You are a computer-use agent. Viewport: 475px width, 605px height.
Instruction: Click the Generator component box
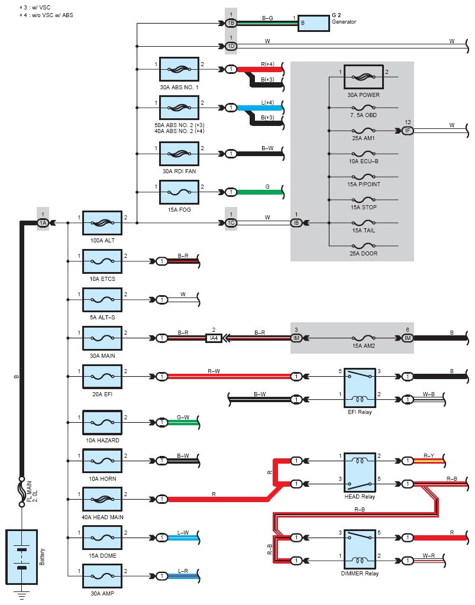pos(314,23)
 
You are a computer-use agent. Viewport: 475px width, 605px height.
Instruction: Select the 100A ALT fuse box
pos(102,222)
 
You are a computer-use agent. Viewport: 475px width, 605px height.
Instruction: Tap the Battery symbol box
pos(22,557)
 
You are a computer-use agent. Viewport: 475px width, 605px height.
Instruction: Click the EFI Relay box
pos(360,388)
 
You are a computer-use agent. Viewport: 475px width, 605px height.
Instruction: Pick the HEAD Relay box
pos(360,473)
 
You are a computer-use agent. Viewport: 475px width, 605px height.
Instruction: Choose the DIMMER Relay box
pos(360,549)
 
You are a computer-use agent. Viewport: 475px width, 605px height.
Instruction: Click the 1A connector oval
pos(43,222)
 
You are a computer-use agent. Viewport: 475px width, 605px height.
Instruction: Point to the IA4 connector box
pos(214,338)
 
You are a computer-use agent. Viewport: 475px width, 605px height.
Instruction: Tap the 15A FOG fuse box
pos(179,192)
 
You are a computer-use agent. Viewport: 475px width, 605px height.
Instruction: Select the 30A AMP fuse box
pos(102,576)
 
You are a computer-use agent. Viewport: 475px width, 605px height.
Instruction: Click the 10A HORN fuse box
pos(102,461)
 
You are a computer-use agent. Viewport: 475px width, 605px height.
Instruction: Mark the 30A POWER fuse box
pos(363,77)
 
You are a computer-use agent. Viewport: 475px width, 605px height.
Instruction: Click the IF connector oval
pos(408,131)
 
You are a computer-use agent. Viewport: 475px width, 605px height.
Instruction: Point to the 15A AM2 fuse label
pos(363,346)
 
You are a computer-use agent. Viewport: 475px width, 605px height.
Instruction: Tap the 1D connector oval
pos(231,46)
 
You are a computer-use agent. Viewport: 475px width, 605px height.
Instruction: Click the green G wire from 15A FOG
pos(260,192)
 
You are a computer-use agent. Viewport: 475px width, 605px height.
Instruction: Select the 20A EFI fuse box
pos(102,376)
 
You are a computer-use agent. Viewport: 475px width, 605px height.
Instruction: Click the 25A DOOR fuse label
pos(363,254)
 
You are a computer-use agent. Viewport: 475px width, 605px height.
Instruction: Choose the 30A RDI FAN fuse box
pos(179,154)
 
